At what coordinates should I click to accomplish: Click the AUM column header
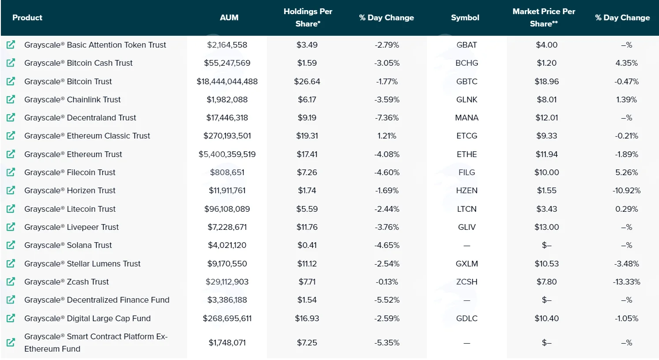229,18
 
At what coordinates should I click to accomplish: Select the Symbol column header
465,18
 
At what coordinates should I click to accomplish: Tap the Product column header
27,18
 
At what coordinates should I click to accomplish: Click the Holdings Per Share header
308,17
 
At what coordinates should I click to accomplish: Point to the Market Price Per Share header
544,17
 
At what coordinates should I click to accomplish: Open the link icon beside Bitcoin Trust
11,81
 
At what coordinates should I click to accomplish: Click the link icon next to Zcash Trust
11,282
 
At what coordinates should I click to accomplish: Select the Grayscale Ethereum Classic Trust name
87,136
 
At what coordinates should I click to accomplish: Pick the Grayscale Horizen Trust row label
70,191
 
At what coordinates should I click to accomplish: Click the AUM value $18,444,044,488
227,82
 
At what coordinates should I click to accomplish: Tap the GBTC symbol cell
467,82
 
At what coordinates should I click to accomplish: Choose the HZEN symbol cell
467,191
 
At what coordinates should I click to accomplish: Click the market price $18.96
547,82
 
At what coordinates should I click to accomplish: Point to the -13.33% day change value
626,282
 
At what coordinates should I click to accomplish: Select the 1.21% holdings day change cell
387,136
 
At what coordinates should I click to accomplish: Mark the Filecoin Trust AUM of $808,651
227,172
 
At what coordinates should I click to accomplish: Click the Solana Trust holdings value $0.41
307,245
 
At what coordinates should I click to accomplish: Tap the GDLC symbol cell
467,318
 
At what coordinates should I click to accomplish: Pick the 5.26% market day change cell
626,172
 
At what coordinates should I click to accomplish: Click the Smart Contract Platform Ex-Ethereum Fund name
96,343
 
